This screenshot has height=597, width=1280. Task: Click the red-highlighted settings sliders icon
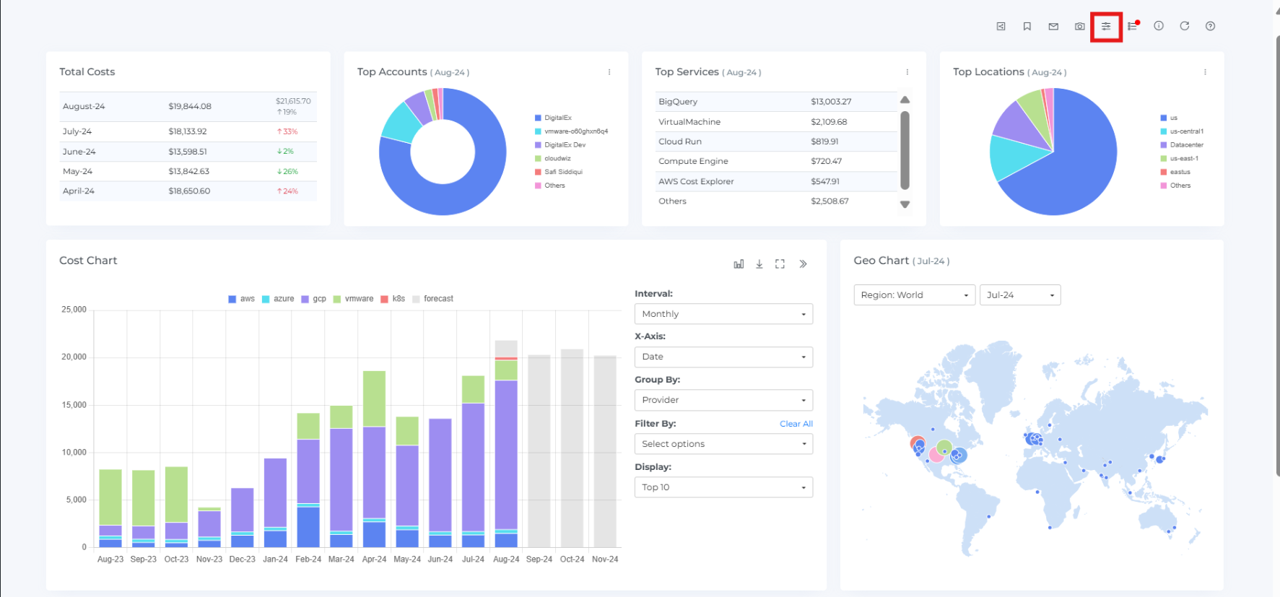coord(1106,27)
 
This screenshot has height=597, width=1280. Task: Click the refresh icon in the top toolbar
coord(1185,26)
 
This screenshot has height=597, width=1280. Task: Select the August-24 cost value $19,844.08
coord(190,106)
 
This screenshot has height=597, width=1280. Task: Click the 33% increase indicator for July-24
coord(287,131)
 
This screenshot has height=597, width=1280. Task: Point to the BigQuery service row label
coord(678,102)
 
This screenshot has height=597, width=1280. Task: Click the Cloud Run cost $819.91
coord(824,141)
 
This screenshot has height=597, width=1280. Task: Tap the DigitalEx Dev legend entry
coord(565,145)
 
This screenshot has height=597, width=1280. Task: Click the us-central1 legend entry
coord(1186,131)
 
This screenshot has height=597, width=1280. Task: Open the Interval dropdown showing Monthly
coord(723,314)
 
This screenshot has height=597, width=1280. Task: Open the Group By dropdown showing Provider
coord(723,400)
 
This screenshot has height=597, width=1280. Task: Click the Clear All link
coord(796,424)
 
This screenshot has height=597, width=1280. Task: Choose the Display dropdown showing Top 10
coord(723,487)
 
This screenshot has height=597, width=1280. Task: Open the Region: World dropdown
coord(914,295)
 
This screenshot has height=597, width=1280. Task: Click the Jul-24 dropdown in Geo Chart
coord(1019,295)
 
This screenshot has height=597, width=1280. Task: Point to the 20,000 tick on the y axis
coord(74,357)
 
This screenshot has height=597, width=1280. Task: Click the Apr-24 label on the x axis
coord(374,559)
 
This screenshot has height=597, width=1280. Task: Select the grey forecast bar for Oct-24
coord(572,448)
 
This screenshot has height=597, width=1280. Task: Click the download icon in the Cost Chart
coord(759,264)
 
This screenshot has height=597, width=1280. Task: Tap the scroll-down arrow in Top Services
coord(905,205)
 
